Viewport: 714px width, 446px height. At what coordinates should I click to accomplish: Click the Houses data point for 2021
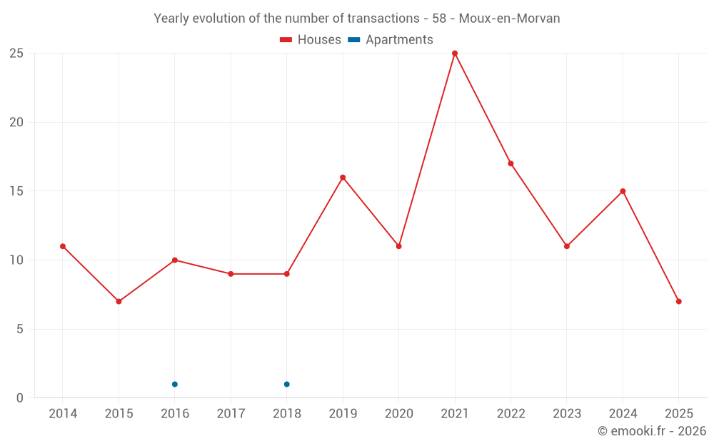pos(455,54)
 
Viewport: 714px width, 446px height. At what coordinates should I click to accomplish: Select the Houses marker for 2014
pos(63,246)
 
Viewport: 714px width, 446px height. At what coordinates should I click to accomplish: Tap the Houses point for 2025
pos(679,301)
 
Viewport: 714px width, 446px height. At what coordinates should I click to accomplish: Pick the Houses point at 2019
pos(343,177)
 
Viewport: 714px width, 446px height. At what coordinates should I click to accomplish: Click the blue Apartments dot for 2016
pos(175,384)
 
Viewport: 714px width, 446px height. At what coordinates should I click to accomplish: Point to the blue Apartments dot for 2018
pos(287,384)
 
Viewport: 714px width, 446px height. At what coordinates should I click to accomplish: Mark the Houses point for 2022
pos(511,163)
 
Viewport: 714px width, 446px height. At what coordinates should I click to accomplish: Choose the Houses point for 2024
pos(623,191)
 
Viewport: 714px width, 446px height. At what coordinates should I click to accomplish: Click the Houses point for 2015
pos(119,301)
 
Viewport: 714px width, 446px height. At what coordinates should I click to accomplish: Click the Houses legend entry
pos(311,40)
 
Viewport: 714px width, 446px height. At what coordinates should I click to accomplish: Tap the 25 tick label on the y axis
pos(16,54)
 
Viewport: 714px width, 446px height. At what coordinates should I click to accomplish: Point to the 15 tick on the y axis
pos(16,191)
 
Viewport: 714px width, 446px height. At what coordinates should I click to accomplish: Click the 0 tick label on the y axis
pos(20,398)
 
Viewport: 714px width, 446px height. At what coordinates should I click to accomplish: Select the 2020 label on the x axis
pos(398,414)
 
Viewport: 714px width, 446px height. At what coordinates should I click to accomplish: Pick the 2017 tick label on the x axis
pos(231,414)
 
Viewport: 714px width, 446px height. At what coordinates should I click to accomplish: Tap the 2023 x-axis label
pos(567,414)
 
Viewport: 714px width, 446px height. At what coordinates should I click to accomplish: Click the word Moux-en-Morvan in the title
pos(509,19)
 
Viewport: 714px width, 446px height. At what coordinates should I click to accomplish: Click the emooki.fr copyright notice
pos(652,431)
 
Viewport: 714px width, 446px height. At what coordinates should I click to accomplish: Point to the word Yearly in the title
pos(171,19)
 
